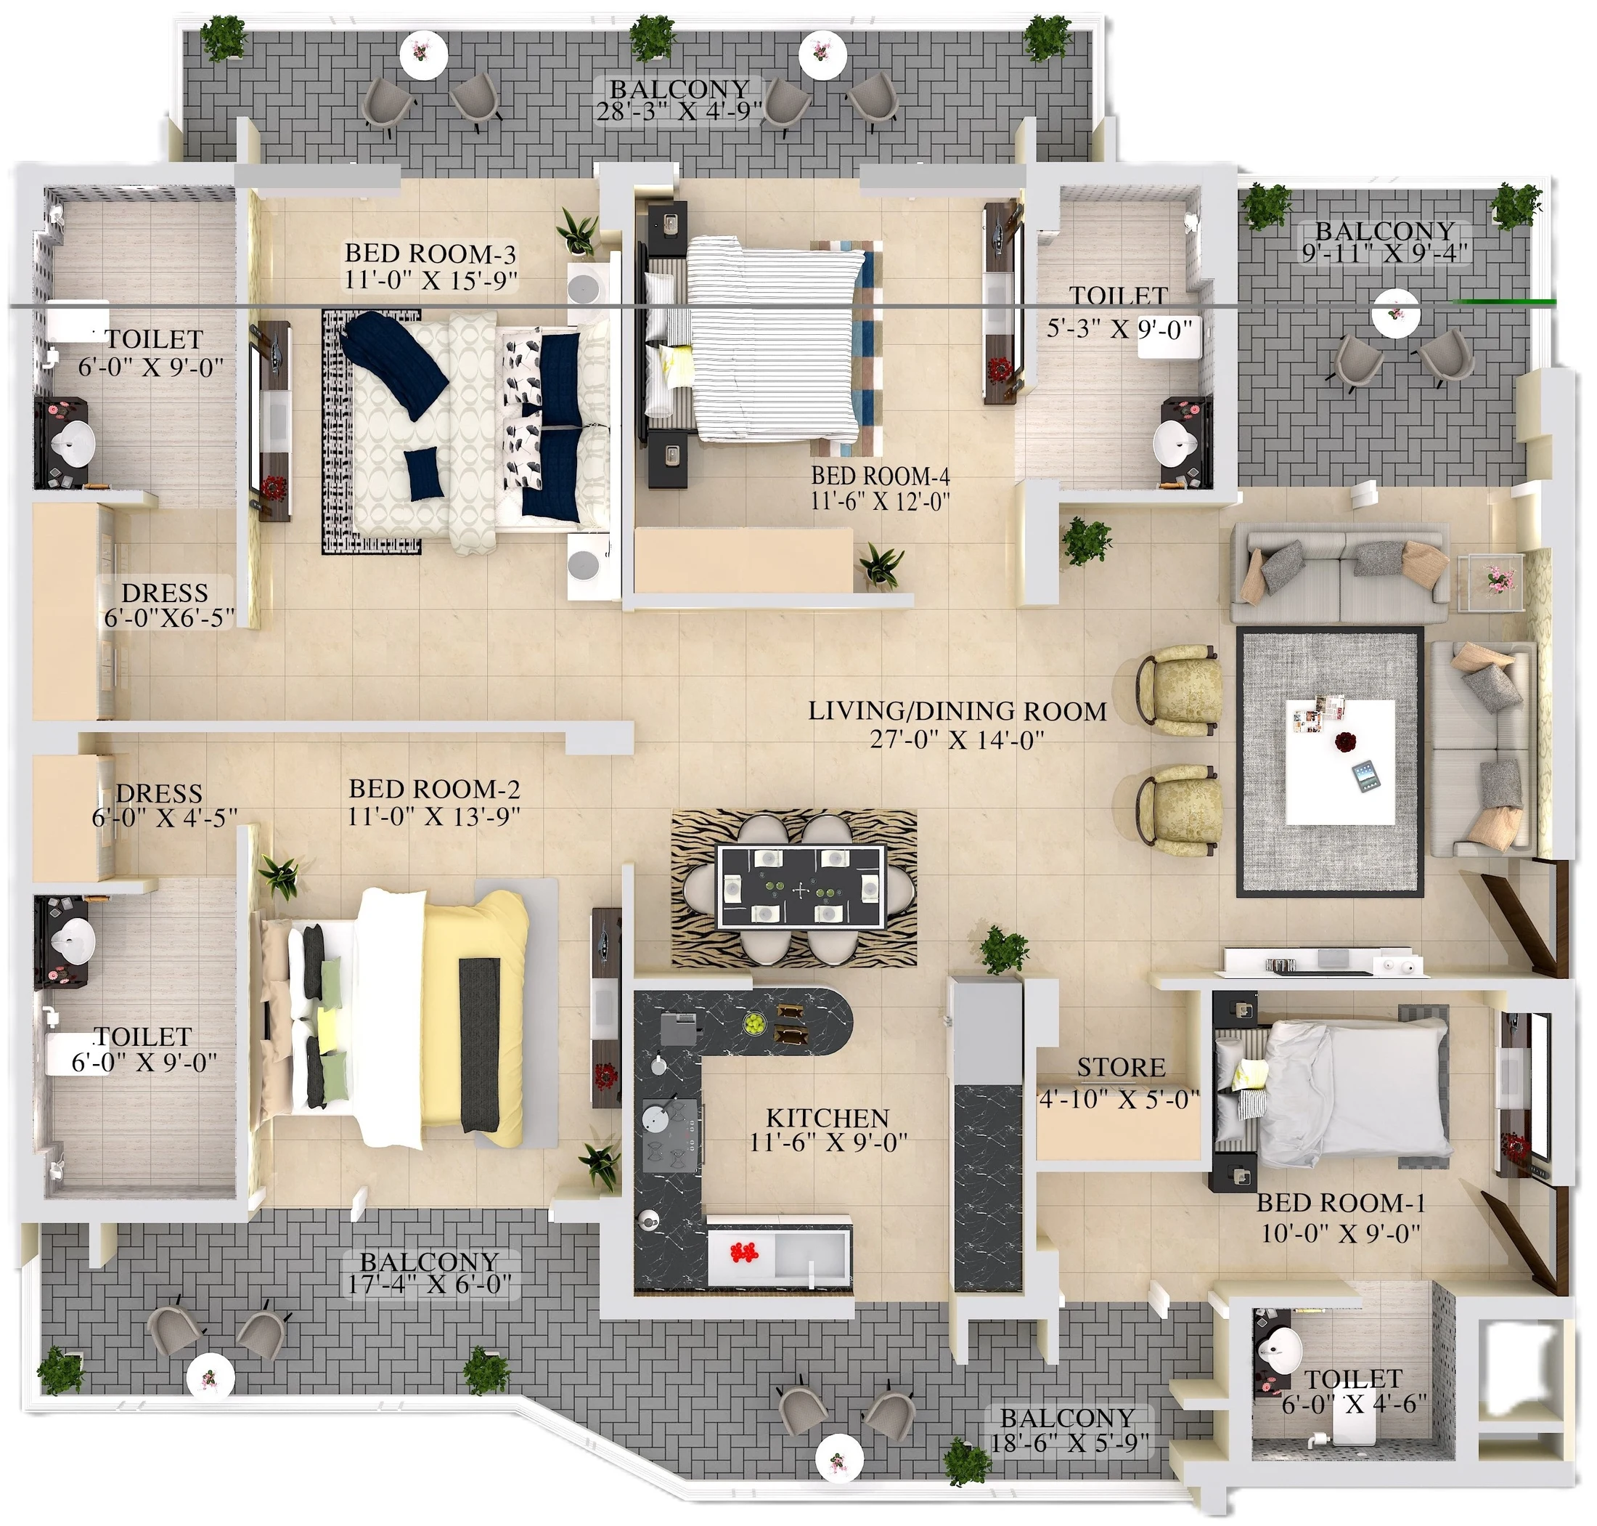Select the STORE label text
click(1121, 1066)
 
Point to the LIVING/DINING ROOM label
click(957, 711)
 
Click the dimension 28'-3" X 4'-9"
click(679, 111)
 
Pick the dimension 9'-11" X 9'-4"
click(1385, 253)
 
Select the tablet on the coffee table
click(1366, 774)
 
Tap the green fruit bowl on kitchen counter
click(756, 1023)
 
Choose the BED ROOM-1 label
click(1340, 1202)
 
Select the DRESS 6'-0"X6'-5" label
click(166, 604)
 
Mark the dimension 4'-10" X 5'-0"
click(1119, 1099)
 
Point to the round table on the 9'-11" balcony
click(1396, 313)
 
